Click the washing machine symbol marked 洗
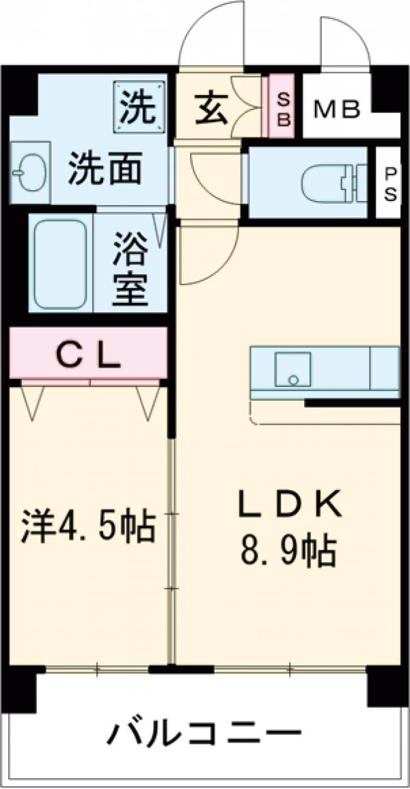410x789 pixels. pos(139,105)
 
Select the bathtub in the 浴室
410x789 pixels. pos(60,263)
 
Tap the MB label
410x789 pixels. pos(336,110)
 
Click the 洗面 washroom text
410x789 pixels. pos(105,168)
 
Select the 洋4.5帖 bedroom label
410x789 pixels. pos(87,524)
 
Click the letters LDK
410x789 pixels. pos(288,507)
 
